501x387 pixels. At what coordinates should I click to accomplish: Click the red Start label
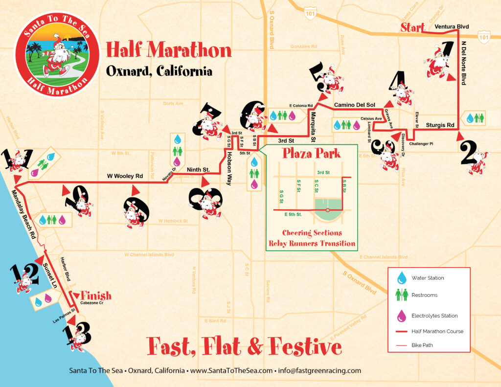tap(412, 28)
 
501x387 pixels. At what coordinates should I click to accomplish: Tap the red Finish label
tap(96, 296)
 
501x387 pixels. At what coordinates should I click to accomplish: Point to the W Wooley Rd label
tap(125, 176)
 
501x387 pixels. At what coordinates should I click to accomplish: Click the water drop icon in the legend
tap(402, 278)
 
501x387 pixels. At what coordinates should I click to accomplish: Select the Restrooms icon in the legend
tap(402, 295)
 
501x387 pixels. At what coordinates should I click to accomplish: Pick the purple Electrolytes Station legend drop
tap(402, 316)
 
